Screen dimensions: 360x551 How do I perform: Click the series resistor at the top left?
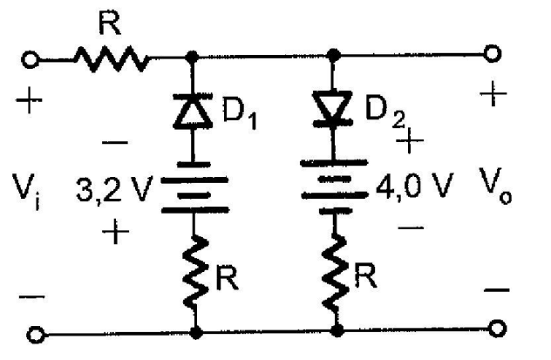click(109, 59)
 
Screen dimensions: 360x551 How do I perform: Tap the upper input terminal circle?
click(31, 60)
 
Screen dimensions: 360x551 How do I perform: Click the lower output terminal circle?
click(496, 329)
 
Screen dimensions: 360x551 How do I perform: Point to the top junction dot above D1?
click(193, 56)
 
